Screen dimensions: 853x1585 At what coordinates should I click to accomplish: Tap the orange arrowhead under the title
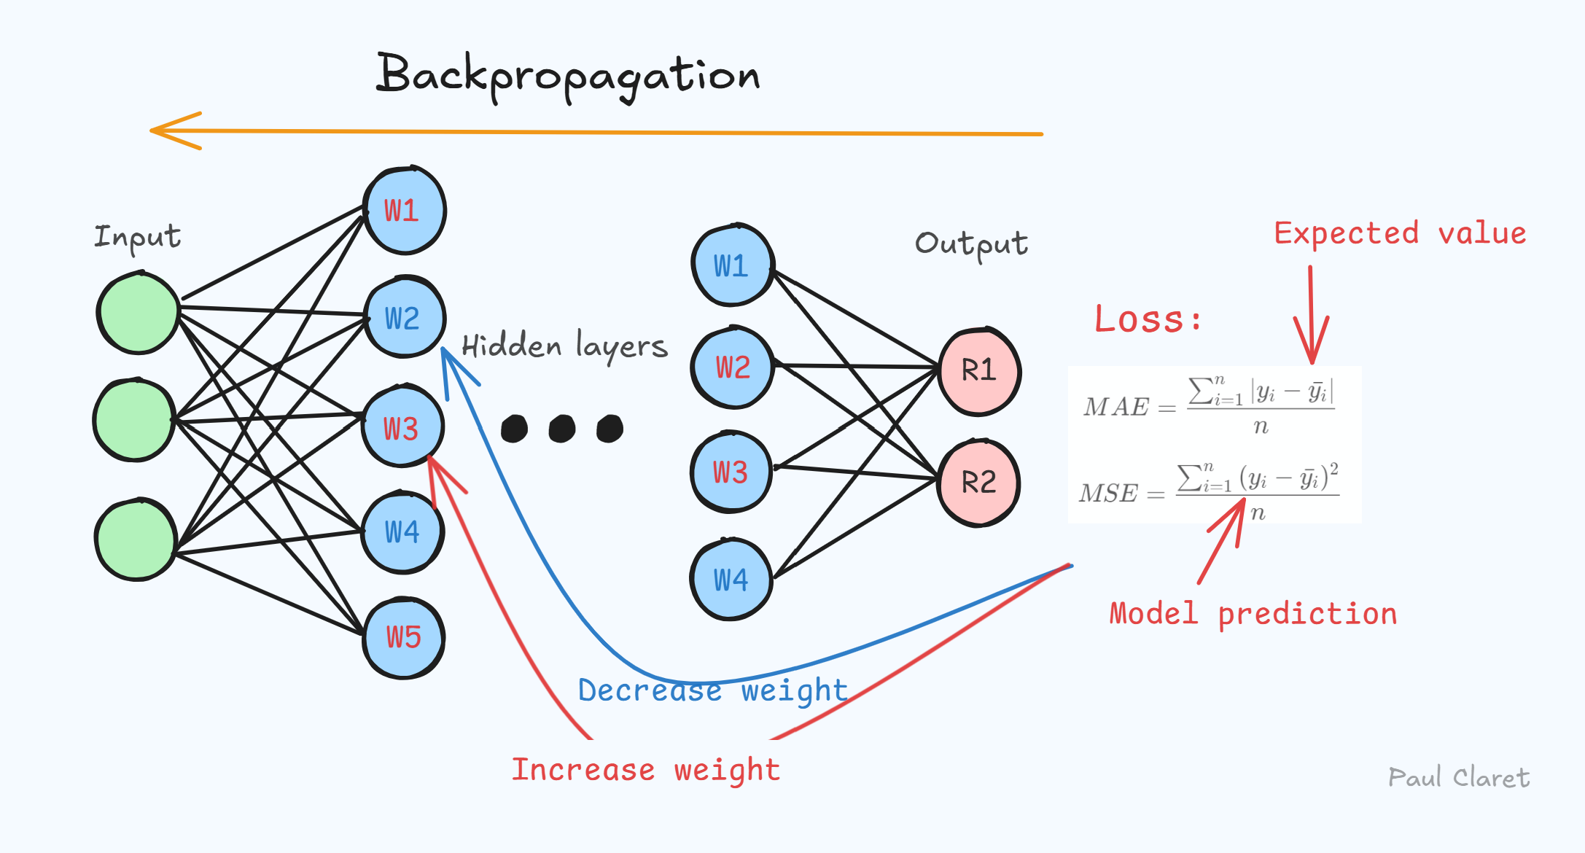[171, 131]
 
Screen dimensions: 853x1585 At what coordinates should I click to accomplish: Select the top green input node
[138, 313]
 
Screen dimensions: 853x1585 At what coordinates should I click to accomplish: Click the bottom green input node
[136, 540]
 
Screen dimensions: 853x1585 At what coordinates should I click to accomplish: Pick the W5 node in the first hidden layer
[403, 638]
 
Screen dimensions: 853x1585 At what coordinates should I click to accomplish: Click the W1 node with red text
[403, 211]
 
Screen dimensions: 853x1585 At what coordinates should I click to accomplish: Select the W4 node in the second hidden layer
[731, 580]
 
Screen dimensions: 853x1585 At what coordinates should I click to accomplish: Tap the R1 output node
[978, 371]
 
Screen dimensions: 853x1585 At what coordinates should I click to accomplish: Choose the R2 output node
[978, 483]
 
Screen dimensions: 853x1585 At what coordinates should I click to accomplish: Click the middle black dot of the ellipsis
[562, 429]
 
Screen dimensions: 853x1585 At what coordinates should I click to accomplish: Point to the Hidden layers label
[564, 346]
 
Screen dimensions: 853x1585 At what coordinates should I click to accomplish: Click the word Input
[137, 238]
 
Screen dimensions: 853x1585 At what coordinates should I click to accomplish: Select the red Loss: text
[1148, 320]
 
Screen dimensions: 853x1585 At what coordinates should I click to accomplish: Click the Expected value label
[1400, 234]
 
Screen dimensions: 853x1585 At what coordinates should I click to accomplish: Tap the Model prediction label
[1253, 614]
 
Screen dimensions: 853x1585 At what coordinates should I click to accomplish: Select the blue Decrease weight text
[712, 690]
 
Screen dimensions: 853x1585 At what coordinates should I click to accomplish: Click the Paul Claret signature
[1458, 778]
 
